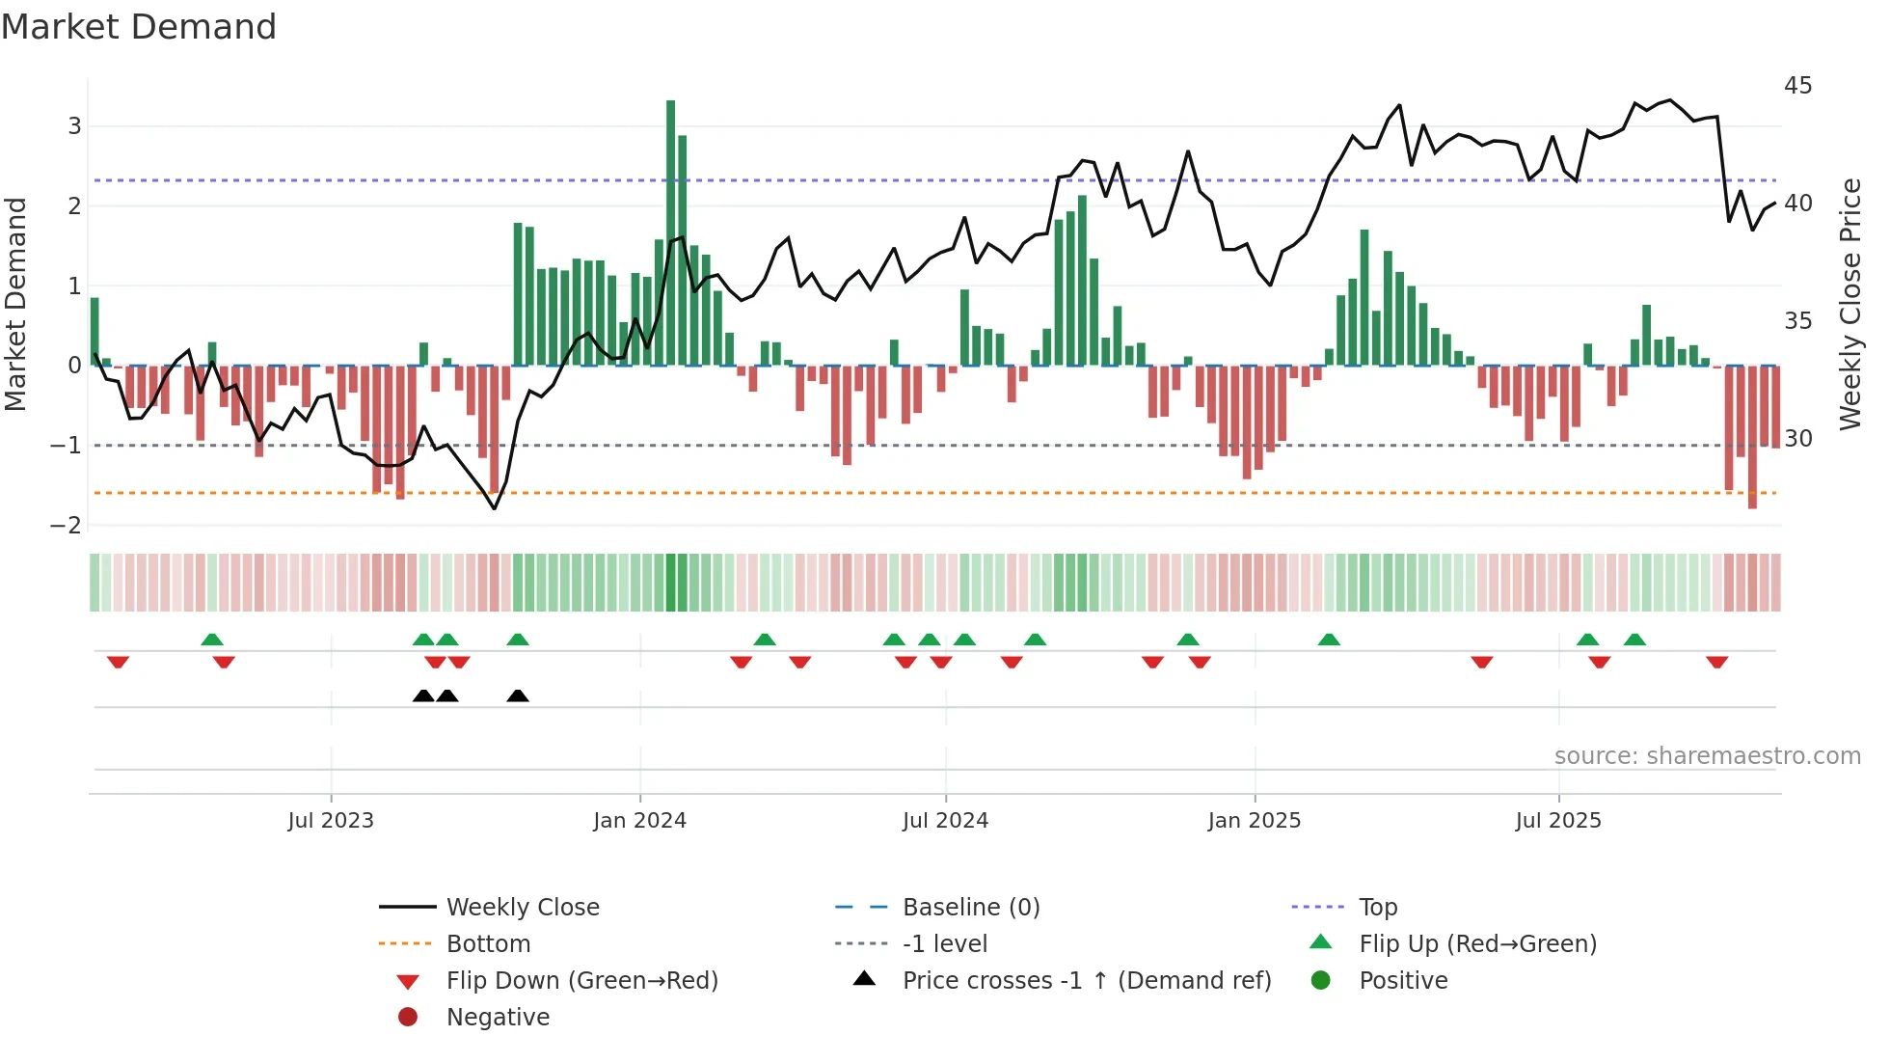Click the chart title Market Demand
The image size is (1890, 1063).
coord(139,27)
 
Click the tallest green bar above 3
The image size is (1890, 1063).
coord(670,232)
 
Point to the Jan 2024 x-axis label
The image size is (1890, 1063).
coord(639,821)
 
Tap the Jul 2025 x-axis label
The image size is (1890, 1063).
coord(1557,821)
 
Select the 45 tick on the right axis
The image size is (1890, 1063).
coord(1797,86)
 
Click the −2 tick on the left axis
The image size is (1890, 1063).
coord(66,526)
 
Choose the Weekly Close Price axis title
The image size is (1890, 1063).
coord(1849,304)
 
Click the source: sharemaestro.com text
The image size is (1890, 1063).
coord(1707,756)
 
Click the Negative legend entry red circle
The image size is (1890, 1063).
coord(408,1018)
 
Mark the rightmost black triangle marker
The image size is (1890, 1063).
coord(518,696)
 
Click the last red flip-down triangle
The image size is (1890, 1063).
coord(1716,662)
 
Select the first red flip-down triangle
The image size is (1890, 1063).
coord(118,662)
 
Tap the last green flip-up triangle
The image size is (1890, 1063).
coord(1634,640)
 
